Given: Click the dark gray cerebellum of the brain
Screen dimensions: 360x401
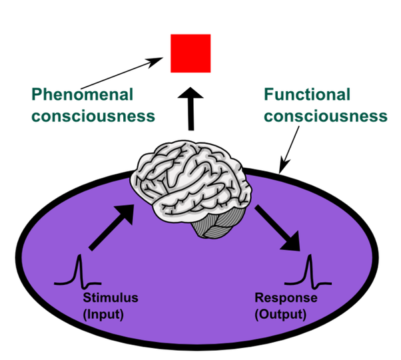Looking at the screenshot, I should (212, 226).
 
